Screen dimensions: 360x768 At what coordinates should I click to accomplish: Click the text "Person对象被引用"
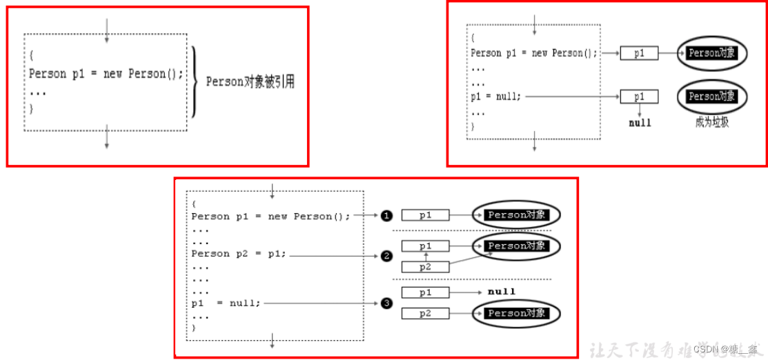pos(250,81)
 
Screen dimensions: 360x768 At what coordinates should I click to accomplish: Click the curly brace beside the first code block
pos(196,81)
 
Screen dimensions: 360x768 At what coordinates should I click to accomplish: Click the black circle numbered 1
pos(386,216)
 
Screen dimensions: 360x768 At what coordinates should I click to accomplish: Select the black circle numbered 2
pos(386,256)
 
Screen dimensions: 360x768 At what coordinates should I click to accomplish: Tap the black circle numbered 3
pos(386,303)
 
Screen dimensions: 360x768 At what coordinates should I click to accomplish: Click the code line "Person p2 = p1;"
pos(239,254)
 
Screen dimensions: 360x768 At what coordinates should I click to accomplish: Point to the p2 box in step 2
pos(426,266)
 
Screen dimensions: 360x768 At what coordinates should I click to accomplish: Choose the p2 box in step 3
pos(426,314)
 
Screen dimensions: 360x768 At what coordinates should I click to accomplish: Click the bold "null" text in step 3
pos(502,292)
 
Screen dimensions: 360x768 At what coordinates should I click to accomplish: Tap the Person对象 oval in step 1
pos(516,215)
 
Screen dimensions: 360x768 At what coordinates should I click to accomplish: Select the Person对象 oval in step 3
pos(516,313)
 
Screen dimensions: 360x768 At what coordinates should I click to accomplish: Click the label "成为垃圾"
pos(712,123)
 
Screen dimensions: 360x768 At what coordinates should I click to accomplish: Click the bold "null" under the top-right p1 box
pos(640,123)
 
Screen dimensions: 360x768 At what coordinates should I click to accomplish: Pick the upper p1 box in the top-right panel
pos(639,53)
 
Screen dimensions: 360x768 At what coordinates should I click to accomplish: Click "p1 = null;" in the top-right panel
pos(496,97)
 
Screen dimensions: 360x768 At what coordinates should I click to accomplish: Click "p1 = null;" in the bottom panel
pos(226,303)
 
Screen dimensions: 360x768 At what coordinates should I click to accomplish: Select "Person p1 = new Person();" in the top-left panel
pos(106,74)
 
